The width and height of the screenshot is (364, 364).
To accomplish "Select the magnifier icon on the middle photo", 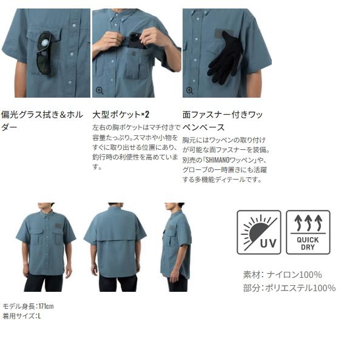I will (99, 90).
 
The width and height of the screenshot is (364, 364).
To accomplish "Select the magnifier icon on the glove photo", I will (190, 90).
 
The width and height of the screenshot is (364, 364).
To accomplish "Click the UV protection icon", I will (258, 232).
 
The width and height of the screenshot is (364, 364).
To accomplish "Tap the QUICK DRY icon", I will (308, 232).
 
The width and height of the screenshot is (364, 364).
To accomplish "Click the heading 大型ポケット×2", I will (121, 114).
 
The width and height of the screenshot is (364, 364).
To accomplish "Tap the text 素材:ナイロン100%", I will (282, 274).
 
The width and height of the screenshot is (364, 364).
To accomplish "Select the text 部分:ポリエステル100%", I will (289, 288).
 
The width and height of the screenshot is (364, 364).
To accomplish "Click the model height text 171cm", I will (45, 306).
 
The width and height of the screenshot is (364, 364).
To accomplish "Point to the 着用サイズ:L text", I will (21, 315).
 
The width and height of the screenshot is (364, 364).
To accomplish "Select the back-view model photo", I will (116, 246).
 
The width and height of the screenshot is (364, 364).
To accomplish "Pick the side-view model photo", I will (177, 246).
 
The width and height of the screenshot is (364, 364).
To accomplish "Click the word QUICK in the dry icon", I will (308, 240).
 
